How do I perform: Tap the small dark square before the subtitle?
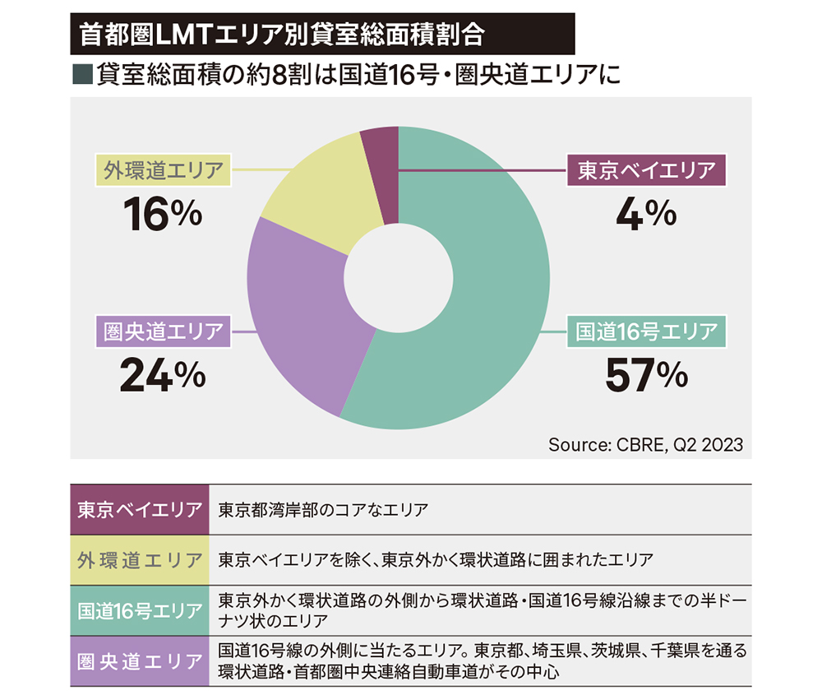81,75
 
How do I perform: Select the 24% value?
162,375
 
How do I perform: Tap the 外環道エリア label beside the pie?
162,171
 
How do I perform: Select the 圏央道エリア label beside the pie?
162,331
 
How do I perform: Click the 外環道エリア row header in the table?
139,560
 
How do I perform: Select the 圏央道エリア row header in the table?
139,661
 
